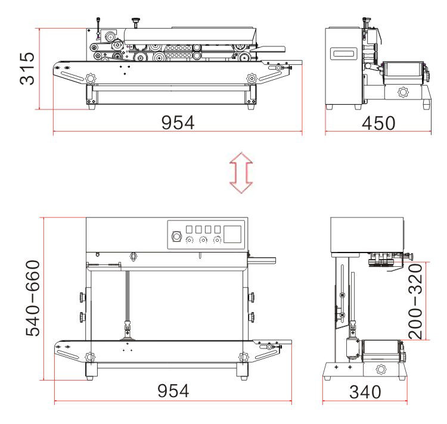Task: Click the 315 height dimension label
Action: tap(27, 68)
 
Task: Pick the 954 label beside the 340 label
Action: tap(173, 391)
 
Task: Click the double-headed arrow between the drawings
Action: tap(241, 172)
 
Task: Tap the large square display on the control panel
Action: tap(234, 233)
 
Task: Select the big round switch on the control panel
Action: tap(176, 235)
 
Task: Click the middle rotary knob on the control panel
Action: tap(204, 241)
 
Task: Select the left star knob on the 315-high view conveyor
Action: tap(91, 78)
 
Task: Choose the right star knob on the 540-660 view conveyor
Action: tap(243, 357)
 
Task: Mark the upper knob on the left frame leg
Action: tap(79, 296)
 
